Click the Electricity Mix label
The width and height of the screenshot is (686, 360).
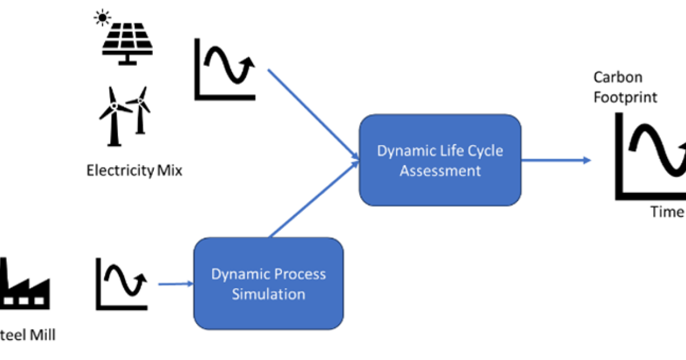134,170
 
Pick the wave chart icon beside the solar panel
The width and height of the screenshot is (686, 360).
224,70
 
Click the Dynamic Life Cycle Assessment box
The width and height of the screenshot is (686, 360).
440,160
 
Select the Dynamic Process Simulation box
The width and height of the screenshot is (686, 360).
268,283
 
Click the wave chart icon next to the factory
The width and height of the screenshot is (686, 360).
121,283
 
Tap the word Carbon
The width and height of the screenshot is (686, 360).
617,77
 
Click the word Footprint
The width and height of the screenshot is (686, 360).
625,97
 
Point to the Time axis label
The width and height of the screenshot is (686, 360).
667,212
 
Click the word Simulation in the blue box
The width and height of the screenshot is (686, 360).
268,294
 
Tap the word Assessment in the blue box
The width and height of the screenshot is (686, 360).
440,170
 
